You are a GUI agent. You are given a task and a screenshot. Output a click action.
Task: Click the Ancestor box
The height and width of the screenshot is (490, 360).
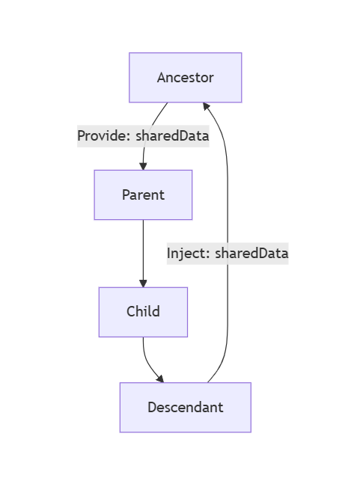(x=185, y=78)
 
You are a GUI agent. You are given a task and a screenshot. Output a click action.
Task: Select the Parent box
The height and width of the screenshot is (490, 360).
(x=143, y=195)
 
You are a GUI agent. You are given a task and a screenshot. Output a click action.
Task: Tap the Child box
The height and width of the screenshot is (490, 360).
(x=143, y=312)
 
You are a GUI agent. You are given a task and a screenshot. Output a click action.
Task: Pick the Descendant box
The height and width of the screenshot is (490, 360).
(x=185, y=407)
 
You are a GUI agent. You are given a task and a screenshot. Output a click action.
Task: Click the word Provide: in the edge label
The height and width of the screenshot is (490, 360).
(x=103, y=136)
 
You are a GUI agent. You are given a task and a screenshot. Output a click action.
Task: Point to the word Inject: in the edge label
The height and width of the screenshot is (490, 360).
(x=188, y=253)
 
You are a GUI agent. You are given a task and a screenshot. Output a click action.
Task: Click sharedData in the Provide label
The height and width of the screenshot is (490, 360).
(x=172, y=135)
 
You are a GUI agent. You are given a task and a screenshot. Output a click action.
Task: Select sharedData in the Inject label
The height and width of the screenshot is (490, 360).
(x=251, y=253)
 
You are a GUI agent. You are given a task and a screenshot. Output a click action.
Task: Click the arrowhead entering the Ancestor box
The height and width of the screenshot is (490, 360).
(x=206, y=106)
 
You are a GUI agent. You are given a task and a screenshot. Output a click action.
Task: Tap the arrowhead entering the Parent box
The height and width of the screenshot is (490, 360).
(x=143, y=166)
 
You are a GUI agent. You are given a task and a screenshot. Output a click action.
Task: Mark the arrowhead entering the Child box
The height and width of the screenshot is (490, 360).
(x=143, y=284)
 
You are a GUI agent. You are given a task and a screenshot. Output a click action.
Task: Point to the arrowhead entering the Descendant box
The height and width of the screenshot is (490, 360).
(x=160, y=379)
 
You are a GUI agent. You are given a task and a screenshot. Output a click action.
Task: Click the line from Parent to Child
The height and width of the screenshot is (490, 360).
(x=143, y=250)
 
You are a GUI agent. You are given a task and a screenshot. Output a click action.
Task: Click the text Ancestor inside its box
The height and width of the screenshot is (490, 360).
(x=186, y=78)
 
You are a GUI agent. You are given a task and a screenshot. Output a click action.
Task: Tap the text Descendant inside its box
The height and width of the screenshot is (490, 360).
(x=186, y=407)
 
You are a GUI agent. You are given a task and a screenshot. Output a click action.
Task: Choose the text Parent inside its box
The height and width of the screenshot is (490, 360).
(x=143, y=195)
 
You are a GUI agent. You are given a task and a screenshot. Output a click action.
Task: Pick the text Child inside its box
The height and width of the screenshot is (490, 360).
(x=143, y=311)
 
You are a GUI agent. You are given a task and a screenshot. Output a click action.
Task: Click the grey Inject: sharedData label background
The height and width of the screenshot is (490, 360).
(x=228, y=254)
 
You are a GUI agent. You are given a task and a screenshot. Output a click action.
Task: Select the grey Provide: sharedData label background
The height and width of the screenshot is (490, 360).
(x=143, y=136)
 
